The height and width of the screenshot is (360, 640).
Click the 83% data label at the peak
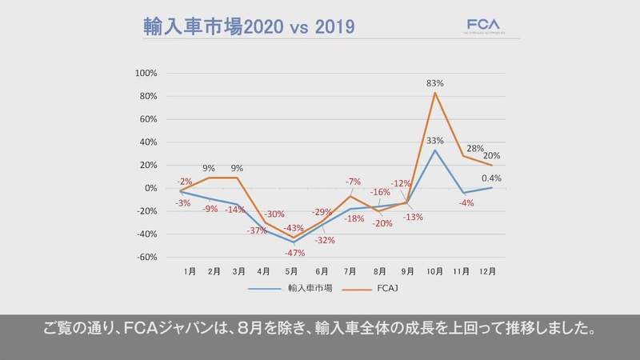click(435, 83)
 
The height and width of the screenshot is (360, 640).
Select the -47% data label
click(294, 252)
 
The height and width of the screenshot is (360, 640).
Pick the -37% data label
click(258, 230)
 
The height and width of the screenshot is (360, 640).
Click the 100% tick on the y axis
click(146, 73)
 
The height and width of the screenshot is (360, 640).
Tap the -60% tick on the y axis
click(146, 258)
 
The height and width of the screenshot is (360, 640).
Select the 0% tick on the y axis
click(150, 188)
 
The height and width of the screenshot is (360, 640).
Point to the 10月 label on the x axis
click(435, 272)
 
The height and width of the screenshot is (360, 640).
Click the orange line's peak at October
click(435, 93)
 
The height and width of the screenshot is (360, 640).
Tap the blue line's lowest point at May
click(294, 242)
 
